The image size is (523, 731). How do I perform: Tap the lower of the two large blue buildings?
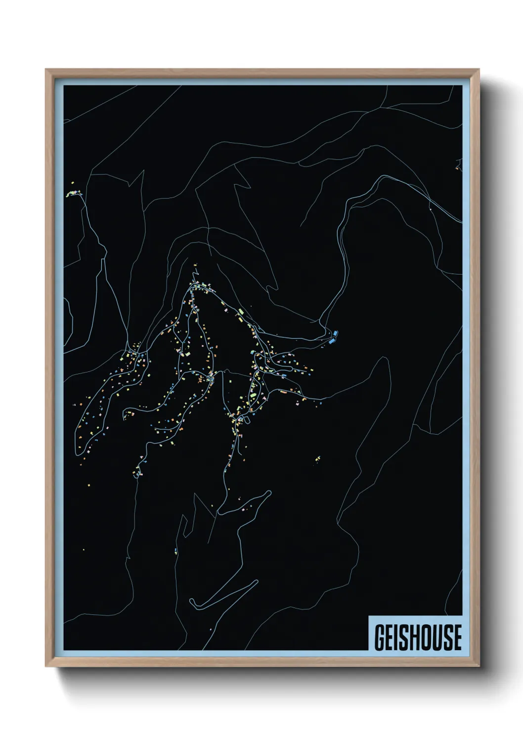pyautogui.click(x=331, y=340)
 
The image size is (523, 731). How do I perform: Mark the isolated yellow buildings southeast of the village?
pyautogui.click(x=317, y=459)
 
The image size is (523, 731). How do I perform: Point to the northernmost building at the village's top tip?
pyautogui.click(x=195, y=267)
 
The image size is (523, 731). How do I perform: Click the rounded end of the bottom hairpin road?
pyautogui.click(x=193, y=602)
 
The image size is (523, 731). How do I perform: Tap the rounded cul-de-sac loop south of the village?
pyautogui.click(x=268, y=493)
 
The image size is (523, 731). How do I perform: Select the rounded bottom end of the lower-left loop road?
pyautogui.click(x=79, y=452)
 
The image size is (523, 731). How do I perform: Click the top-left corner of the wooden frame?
pyautogui.click(x=46, y=70)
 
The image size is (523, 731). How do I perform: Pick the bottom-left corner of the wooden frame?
pyautogui.click(x=46, y=666)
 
